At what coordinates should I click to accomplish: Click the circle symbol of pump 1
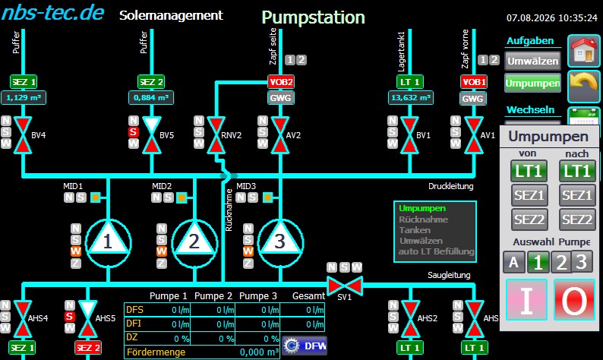tap(108, 243)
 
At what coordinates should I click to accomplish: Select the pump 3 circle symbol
tap(280, 243)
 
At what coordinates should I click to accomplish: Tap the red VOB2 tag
tap(281, 82)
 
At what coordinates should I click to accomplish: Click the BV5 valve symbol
tap(152, 135)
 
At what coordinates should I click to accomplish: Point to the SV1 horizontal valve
tap(344, 286)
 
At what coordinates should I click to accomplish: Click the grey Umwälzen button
tap(532, 62)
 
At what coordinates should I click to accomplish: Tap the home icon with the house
tap(584, 50)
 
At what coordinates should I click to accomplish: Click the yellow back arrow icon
tap(584, 86)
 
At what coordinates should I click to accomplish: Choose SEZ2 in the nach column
tap(577, 219)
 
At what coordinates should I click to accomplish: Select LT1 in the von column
tap(529, 171)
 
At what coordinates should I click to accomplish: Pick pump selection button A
tap(513, 262)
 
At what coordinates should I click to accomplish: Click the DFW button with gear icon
tap(305, 346)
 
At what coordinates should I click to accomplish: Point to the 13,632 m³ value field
tap(410, 98)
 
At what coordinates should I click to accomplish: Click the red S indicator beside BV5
tap(133, 132)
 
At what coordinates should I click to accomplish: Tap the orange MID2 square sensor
tap(182, 197)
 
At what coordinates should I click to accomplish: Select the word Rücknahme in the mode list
tap(423, 219)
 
